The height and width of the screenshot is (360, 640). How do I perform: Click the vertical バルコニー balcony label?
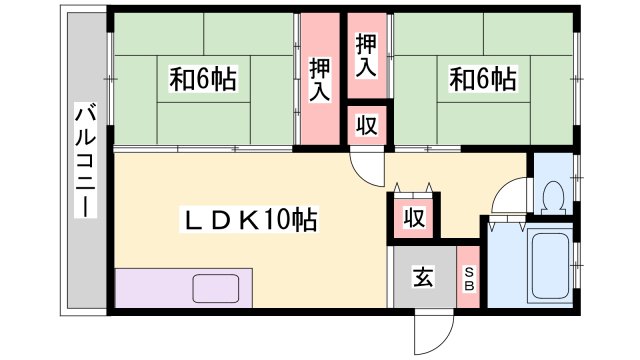point(84,160)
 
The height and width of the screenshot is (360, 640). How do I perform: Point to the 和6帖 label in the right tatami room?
point(482,79)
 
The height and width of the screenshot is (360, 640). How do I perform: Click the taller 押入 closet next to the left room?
point(320,79)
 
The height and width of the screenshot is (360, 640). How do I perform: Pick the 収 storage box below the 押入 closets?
point(367,125)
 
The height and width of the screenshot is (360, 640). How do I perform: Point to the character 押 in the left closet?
point(320,67)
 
